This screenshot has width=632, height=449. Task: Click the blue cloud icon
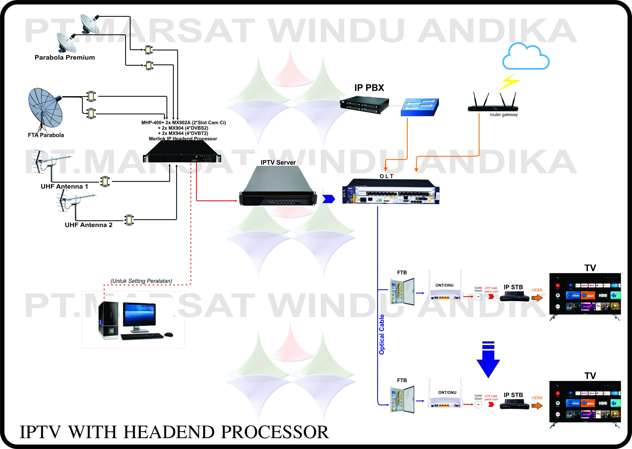(x=525, y=58)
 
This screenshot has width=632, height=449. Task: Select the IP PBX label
(x=369, y=88)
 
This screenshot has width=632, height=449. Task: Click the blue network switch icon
(x=419, y=107)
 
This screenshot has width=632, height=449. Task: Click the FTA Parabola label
(x=46, y=135)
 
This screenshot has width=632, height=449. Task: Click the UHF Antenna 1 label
(x=64, y=187)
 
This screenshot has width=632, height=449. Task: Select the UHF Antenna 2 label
(x=88, y=225)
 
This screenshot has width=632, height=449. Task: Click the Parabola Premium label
(x=65, y=58)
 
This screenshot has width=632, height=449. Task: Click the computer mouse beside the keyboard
(x=168, y=335)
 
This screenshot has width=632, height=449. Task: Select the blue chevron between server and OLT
(x=329, y=199)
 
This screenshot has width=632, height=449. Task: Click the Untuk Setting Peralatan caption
(x=141, y=281)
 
